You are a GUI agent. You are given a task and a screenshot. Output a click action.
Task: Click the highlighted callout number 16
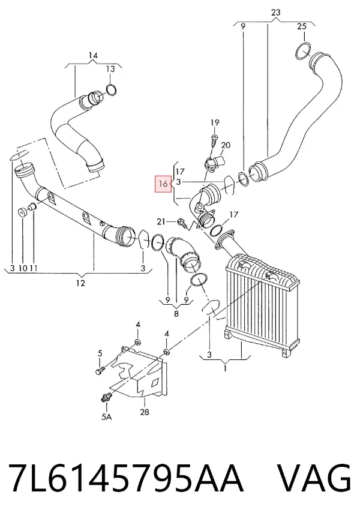(x=163, y=184)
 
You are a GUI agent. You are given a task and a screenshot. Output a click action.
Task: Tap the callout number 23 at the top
(x=276, y=13)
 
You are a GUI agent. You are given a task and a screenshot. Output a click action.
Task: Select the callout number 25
(x=302, y=26)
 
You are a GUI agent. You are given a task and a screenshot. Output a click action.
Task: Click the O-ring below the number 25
(x=303, y=51)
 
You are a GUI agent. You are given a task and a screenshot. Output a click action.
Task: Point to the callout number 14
(x=93, y=55)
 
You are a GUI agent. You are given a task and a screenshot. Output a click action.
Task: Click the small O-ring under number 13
(x=111, y=90)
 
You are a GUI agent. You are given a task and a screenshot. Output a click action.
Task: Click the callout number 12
(x=80, y=283)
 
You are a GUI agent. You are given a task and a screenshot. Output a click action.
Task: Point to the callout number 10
(x=23, y=268)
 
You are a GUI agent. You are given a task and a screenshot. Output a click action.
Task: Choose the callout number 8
(x=176, y=313)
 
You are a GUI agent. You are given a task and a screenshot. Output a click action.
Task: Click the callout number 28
(x=144, y=412)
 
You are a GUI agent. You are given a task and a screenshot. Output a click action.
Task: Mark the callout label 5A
(x=106, y=416)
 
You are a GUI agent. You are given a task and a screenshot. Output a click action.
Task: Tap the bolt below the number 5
(x=100, y=371)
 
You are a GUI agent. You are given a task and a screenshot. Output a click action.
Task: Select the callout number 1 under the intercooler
(x=225, y=368)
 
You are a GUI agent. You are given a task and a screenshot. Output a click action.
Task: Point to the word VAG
(x=314, y=477)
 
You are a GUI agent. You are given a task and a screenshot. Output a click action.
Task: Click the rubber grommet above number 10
(x=23, y=212)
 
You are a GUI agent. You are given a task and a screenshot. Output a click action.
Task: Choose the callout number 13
(x=110, y=69)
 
